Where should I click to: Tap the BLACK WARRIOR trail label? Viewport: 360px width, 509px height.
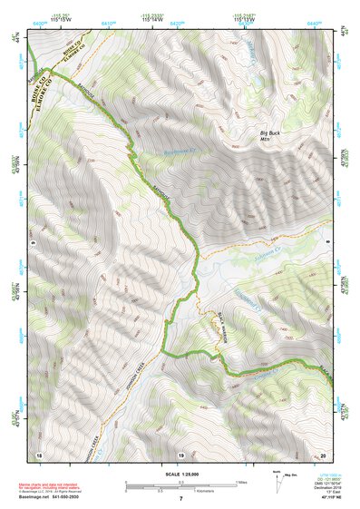(220, 332)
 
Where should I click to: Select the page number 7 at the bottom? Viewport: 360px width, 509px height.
(180, 499)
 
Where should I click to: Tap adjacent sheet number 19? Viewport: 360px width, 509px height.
(180, 454)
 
